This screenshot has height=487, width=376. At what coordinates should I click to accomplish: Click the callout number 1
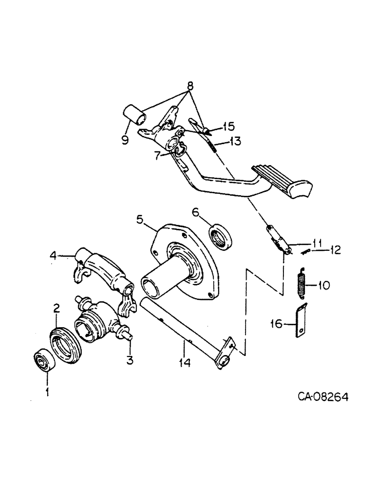(47, 391)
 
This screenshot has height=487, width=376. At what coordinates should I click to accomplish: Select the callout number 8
(190, 86)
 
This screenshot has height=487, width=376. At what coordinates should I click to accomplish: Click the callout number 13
(236, 142)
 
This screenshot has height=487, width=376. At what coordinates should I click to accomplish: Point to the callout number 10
(324, 283)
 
